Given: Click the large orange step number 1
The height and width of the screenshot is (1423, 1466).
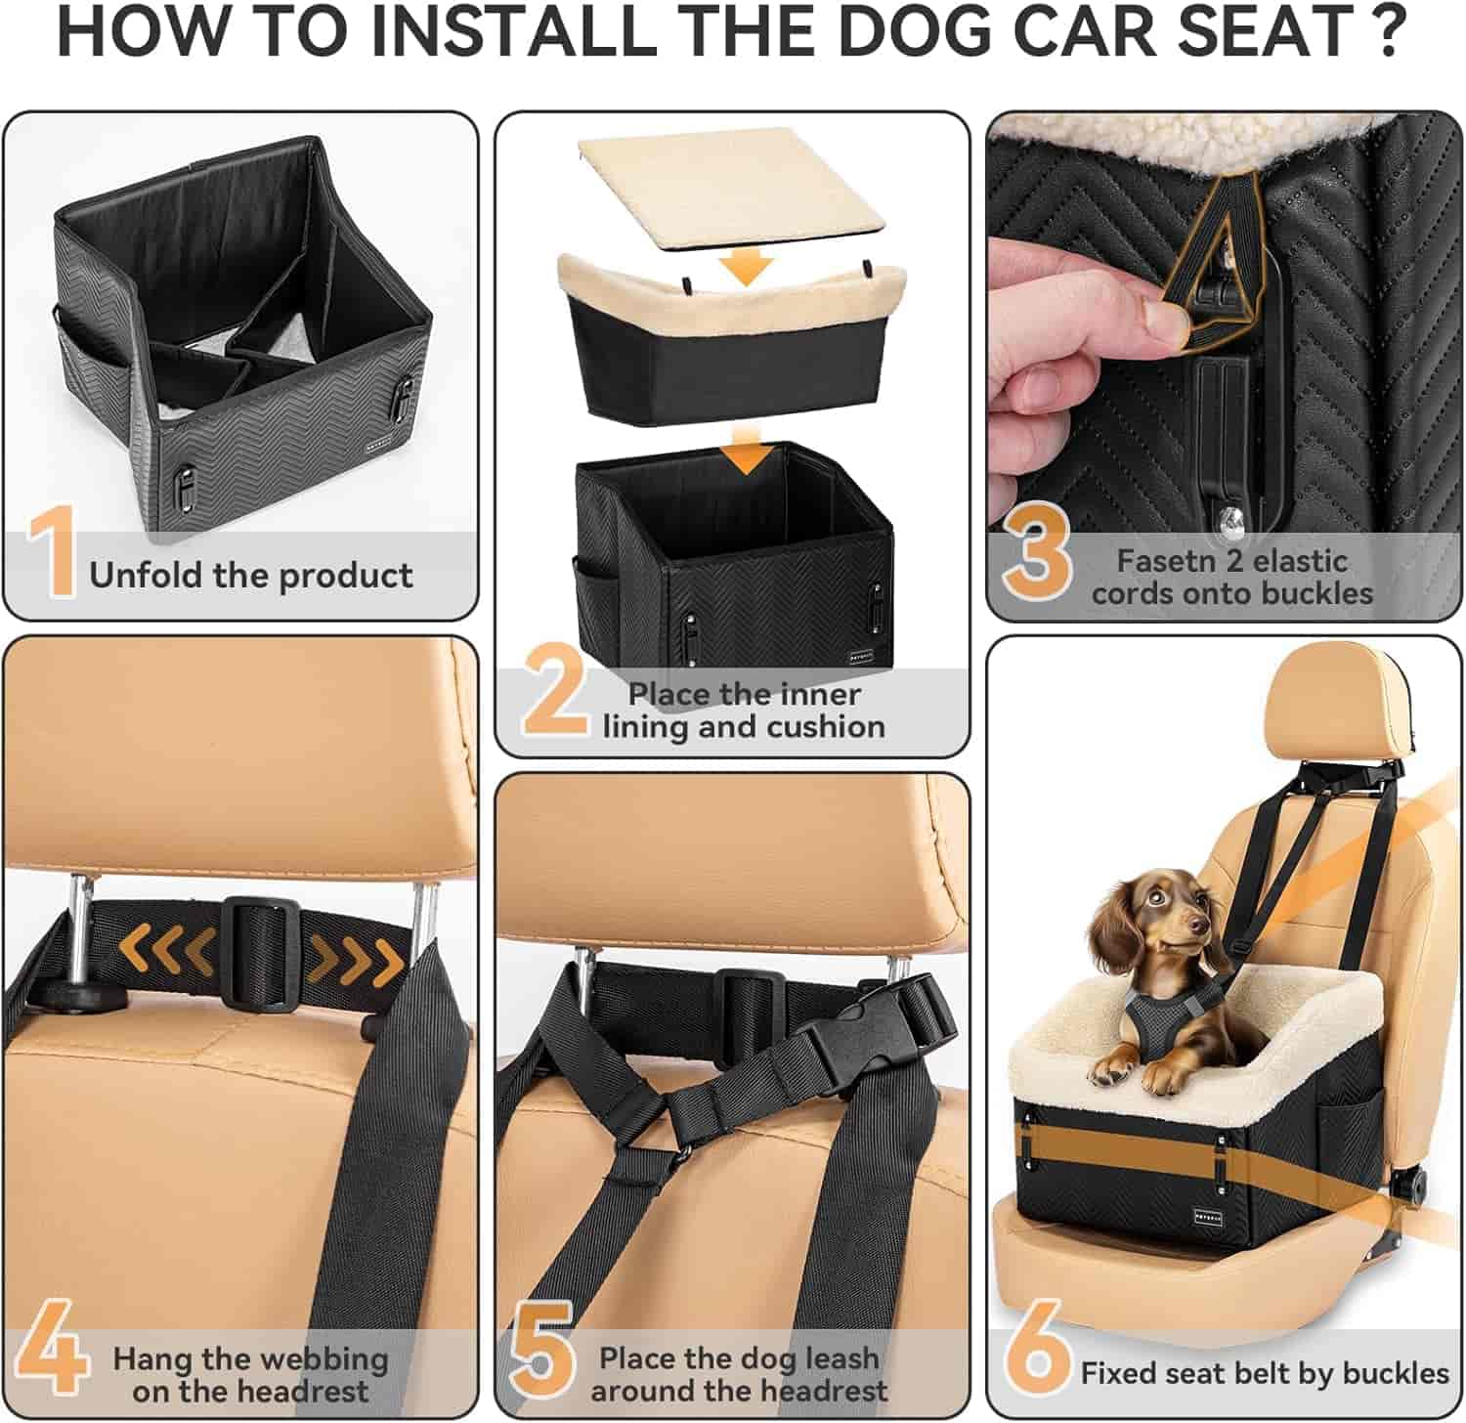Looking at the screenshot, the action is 53,551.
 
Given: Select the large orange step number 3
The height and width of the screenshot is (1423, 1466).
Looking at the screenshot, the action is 1037,553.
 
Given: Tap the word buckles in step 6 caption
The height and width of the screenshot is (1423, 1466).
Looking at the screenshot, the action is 1392,1373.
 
